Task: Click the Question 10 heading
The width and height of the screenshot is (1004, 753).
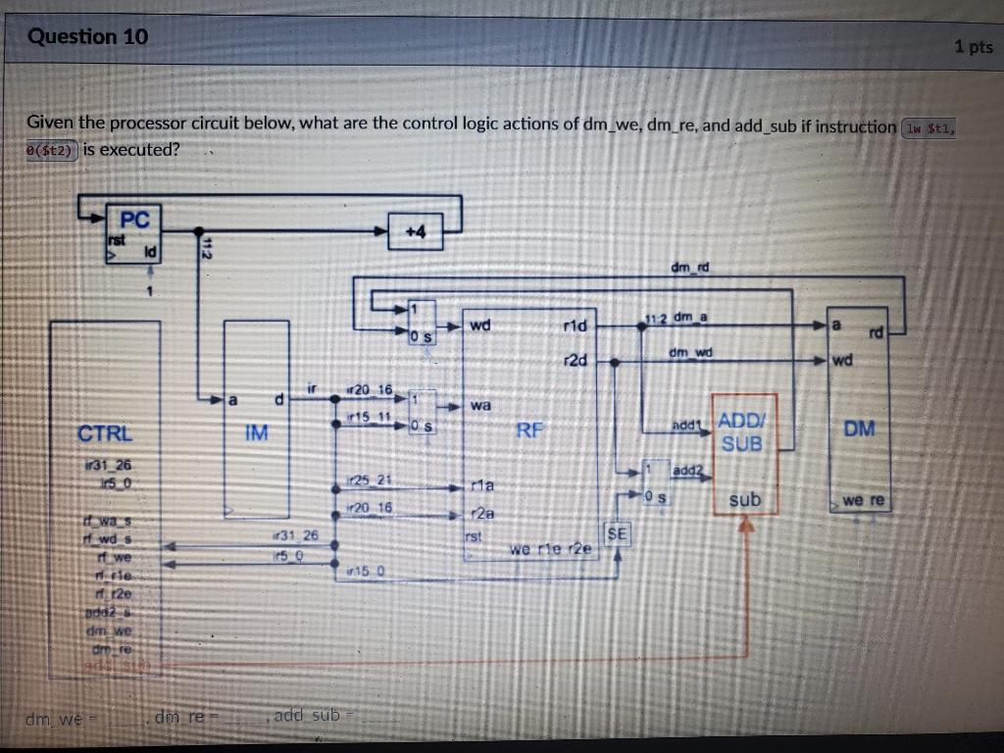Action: tap(88, 37)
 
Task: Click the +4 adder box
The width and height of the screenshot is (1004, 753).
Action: tap(416, 231)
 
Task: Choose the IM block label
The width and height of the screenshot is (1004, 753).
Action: tap(256, 432)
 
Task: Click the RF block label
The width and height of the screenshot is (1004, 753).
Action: tap(529, 428)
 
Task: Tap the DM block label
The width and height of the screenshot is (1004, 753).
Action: tap(859, 428)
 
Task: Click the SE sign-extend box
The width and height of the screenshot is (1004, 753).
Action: tap(617, 533)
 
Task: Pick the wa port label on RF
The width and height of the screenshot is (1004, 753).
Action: tap(481, 404)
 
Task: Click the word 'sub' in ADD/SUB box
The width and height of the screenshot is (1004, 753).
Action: tap(745, 500)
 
